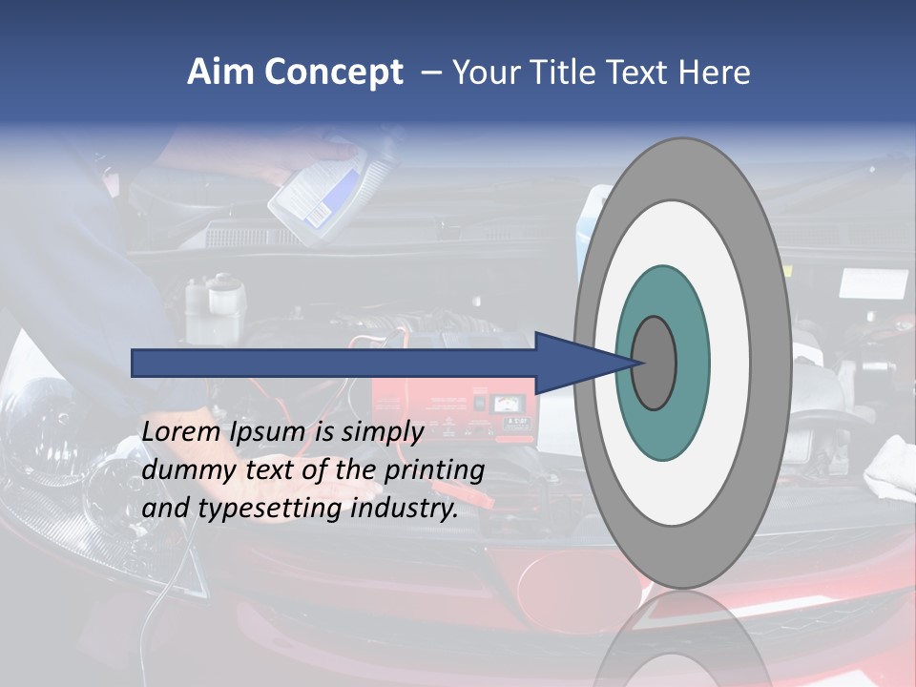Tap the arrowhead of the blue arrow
(582, 363)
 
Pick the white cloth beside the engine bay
(892, 468)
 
